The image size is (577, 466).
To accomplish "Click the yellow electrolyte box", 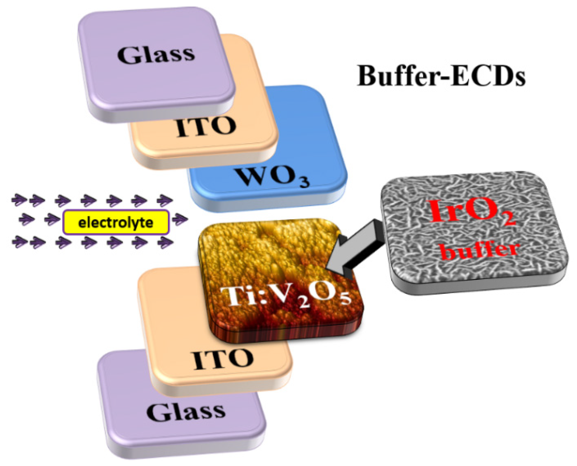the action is coord(116,222).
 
